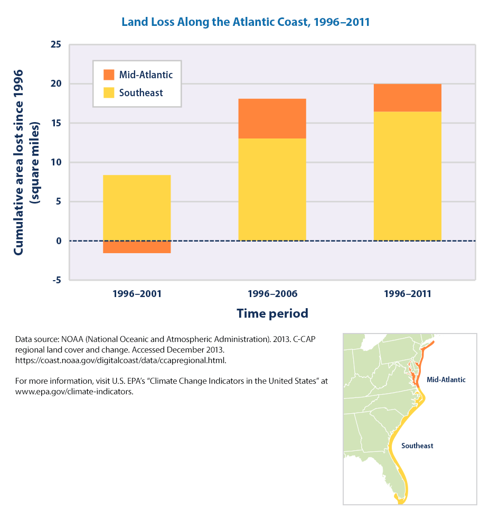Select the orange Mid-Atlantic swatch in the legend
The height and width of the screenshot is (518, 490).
tap(109, 75)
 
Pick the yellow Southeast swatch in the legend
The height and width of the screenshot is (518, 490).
tap(109, 93)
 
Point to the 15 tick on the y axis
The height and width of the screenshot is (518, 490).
tap(56, 123)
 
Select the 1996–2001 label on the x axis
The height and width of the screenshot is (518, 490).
tap(137, 294)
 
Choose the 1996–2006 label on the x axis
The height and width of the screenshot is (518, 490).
tap(272, 294)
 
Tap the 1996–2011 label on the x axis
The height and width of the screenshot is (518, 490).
tap(407, 294)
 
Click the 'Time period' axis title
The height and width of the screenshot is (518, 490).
tap(272, 313)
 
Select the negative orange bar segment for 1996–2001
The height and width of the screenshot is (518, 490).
tap(137, 247)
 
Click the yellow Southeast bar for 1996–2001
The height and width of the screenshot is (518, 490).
tap(137, 208)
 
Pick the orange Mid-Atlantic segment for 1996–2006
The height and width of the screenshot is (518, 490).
tap(272, 118)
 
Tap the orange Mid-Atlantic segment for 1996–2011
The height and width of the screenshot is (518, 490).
tap(407, 98)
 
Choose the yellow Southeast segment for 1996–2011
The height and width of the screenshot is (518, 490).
tap(407, 176)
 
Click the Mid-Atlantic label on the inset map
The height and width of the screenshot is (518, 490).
tap(446, 380)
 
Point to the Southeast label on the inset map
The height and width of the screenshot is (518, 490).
tap(417, 446)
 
